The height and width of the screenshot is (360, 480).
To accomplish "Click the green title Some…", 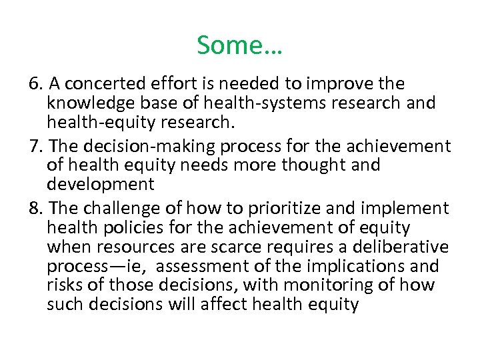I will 239,45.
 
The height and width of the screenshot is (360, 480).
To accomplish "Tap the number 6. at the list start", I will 36,85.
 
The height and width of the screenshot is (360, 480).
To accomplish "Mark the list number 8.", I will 36,209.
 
